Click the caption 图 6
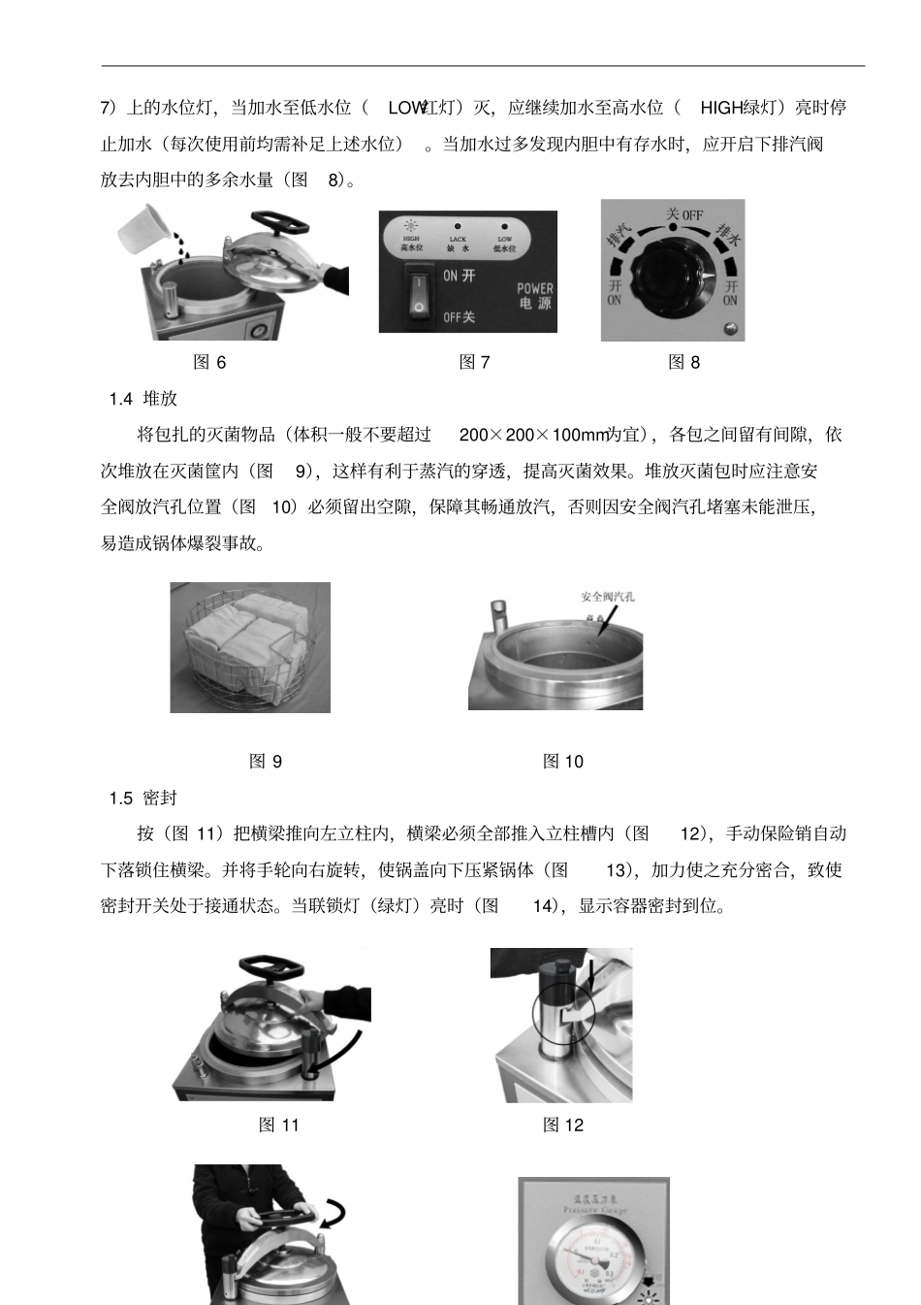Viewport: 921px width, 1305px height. pos(209,362)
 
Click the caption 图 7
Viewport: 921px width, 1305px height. pos(474,362)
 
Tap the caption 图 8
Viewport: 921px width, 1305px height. pos(683,362)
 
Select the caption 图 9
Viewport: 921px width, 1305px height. pos(266,762)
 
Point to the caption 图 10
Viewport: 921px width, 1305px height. pos(562,762)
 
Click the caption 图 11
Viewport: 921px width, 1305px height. pos(278,1125)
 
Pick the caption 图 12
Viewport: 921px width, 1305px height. pos(562,1125)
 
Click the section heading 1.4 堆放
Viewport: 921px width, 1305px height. pos(143,399)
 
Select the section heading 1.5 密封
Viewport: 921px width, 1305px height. pos(143,798)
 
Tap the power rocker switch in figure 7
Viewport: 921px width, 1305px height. pos(417,295)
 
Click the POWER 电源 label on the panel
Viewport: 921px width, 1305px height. pos(534,296)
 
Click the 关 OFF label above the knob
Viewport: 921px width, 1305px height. pos(683,213)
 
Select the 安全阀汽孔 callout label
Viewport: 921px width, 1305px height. pos(607,597)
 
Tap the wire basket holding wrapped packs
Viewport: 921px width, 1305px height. pos(250,648)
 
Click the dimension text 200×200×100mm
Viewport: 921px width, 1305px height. pos(531,435)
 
